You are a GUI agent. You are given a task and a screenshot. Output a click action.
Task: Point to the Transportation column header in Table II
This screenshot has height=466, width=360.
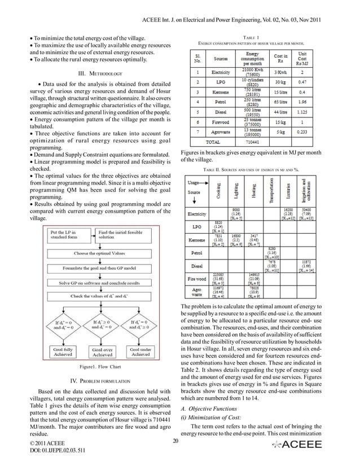click(270, 193)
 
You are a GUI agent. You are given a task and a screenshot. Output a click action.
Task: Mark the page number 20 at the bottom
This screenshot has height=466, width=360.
click(175, 441)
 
